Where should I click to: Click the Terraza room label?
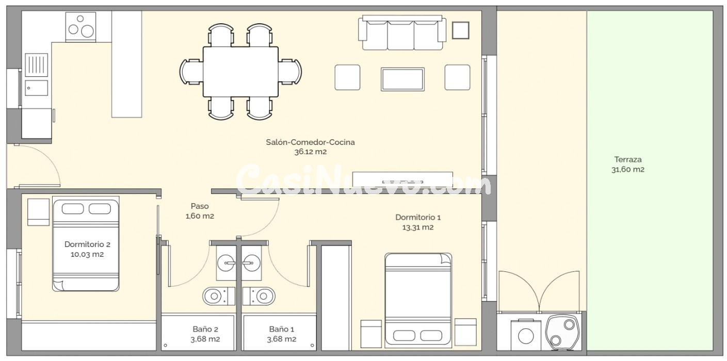point(627,159)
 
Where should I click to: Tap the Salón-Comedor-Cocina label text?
point(310,142)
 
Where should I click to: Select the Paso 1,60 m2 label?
point(199,211)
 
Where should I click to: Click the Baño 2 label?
point(205,329)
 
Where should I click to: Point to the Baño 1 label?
point(281,329)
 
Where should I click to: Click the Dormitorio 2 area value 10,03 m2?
point(87,254)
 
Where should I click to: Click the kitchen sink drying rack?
point(36,65)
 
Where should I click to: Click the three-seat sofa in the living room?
point(402,34)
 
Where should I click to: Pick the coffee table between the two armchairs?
point(402,79)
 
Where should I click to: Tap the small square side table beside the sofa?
point(460,30)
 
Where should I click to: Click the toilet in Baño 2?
point(215,296)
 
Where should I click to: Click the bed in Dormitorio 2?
point(86,245)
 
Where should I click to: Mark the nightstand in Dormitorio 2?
point(38,212)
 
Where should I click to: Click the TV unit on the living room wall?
point(402,179)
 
